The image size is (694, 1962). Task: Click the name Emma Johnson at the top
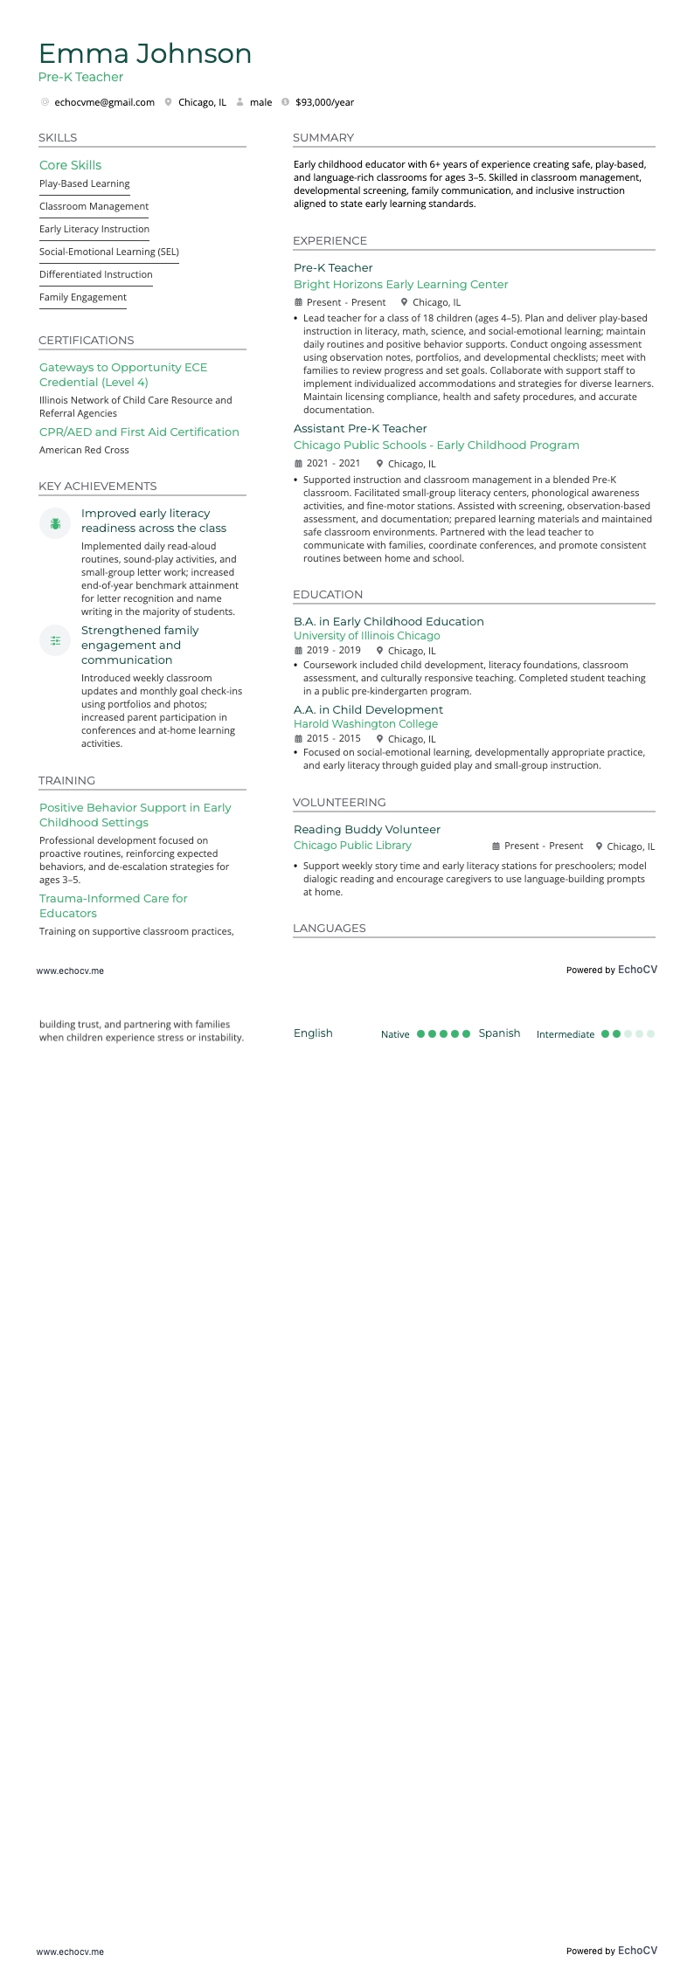pyautogui.click(x=145, y=54)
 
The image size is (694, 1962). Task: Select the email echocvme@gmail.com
pyautogui.click(x=104, y=102)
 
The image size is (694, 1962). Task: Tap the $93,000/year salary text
pyautogui.click(x=324, y=102)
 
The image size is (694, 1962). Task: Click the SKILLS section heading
pyautogui.click(x=58, y=138)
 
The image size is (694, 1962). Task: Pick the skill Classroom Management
pyautogui.click(x=94, y=206)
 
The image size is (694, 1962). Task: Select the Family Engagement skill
pyautogui.click(x=83, y=297)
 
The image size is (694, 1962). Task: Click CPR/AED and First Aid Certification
pyautogui.click(x=139, y=432)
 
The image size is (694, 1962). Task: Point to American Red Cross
pyautogui.click(x=84, y=450)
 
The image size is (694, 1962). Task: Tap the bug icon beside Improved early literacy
pyautogui.click(x=55, y=523)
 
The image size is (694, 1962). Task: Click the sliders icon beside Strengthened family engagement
pyautogui.click(x=55, y=640)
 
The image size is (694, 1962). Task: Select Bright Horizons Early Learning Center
pyautogui.click(x=400, y=284)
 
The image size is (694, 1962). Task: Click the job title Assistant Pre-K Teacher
pyautogui.click(x=360, y=428)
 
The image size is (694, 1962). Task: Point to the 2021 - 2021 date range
pyautogui.click(x=333, y=464)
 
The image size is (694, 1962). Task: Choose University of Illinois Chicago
pyautogui.click(x=366, y=636)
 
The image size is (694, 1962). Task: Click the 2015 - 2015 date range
pyautogui.click(x=333, y=739)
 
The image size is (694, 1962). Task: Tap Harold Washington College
pyautogui.click(x=365, y=724)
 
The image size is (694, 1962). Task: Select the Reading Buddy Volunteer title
pyautogui.click(x=366, y=829)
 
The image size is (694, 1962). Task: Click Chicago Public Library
pyautogui.click(x=352, y=846)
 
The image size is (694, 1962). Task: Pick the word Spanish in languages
pyautogui.click(x=499, y=1033)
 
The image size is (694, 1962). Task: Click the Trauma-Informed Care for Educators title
pyautogui.click(x=113, y=906)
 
